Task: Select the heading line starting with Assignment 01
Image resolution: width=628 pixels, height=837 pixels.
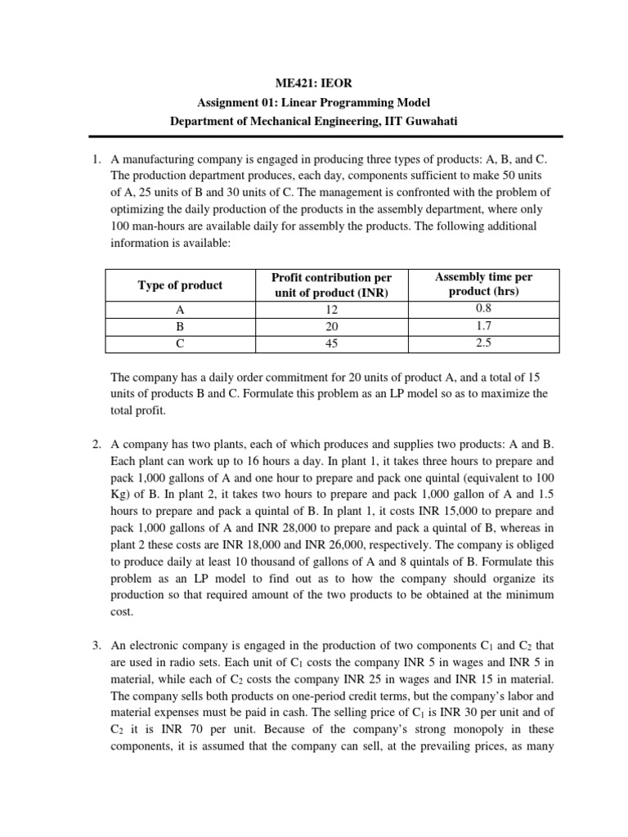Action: pos(314,101)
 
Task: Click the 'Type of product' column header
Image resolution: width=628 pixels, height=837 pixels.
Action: pos(180,285)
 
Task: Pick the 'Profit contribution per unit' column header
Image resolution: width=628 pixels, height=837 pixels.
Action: pos(331,285)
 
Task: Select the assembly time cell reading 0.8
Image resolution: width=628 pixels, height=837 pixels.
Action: pos(483,309)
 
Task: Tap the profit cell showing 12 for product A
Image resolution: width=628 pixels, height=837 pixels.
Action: pos(331,310)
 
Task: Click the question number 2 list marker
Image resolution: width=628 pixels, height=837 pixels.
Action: pos(96,445)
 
